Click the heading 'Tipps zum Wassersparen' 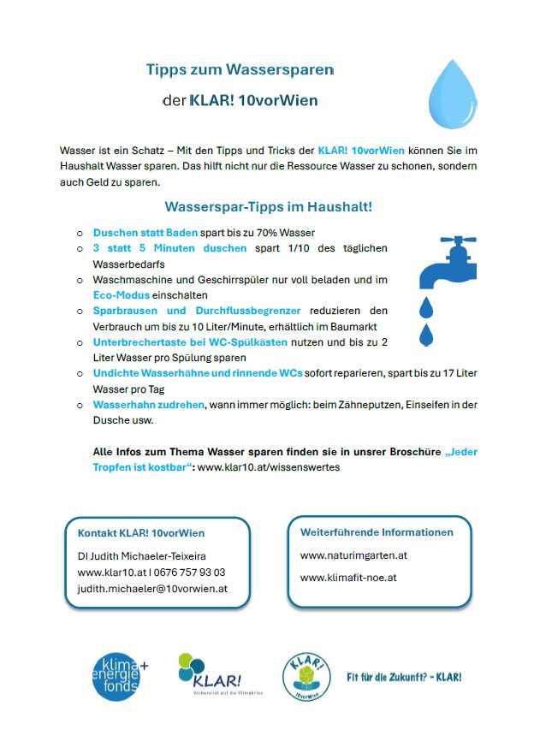click(x=239, y=69)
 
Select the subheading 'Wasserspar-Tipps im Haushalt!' click(x=268, y=207)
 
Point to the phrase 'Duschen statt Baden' click(x=145, y=233)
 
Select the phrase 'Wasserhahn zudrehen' click(x=147, y=405)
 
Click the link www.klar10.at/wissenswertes click(x=269, y=467)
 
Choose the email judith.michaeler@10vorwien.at click(x=152, y=589)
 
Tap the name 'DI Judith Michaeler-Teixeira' click(x=141, y=556)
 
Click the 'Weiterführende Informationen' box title click(x=377, y=532)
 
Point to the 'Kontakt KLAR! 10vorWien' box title click(x=141, y=533)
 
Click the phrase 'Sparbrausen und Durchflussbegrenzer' click(x=197, y=311)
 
